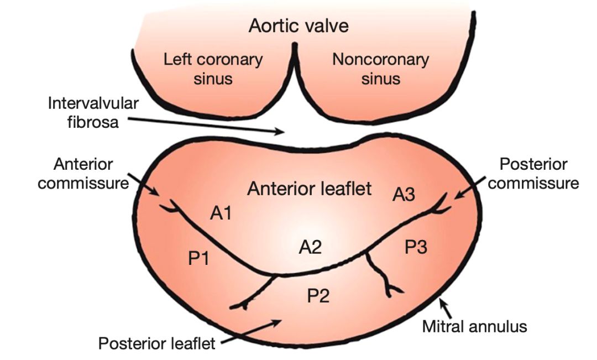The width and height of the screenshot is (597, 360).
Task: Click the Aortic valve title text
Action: point(298,26)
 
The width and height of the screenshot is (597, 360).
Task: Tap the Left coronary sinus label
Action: point(213,69)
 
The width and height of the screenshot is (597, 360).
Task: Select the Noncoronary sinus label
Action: point(380,69)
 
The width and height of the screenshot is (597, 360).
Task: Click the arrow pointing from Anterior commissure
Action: point(146,188)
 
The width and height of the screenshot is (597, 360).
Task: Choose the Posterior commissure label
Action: point(533,174)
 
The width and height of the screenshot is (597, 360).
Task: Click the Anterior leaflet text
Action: point(310,189)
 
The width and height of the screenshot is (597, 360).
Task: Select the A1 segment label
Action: point(221,213)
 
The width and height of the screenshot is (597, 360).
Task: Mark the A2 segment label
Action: point(310,247)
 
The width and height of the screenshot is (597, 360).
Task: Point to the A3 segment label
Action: point(404,195)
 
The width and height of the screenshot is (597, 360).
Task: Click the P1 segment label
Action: point(198,258)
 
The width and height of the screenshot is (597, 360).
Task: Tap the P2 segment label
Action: point(318,296)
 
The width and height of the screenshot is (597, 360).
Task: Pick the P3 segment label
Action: point(416,247)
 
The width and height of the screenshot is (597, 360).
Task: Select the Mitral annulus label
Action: point(474,326)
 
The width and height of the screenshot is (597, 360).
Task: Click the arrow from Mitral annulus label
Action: point(446,307)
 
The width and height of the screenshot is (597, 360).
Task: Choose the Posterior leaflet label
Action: point(156,343)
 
